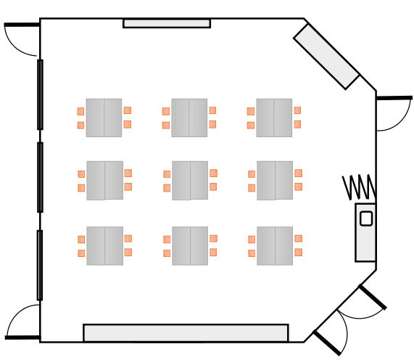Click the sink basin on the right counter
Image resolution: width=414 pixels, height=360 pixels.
[x=366, y=218]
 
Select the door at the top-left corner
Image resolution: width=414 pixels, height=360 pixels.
[x=21, y=39]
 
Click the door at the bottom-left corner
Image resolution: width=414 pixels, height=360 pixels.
[x=22, y=322]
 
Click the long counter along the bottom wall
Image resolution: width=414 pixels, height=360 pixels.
[x=186, y=333]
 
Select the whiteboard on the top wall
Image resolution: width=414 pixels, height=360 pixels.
[x=167, y=23]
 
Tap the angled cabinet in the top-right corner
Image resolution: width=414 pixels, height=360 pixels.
[x=327, y=56]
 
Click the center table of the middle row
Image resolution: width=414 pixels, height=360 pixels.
[x=190, y=180]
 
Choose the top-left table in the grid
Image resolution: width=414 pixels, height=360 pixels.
[x=104, y=118]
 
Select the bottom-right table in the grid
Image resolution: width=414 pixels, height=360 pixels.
[x=275, y=245]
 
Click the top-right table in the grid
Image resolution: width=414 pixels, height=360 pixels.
[x=274, y=118]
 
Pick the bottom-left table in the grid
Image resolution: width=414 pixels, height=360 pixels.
[x=104, y=245]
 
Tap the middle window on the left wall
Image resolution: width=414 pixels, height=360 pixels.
[x=40, y=177]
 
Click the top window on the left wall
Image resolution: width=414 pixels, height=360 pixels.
[x=40, y=94]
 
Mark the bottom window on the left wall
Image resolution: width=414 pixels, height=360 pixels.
[x=40, y=265]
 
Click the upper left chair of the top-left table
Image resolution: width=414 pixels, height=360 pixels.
[x=80, y=111]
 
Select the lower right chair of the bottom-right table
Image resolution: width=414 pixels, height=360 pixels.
[x=298, y=252]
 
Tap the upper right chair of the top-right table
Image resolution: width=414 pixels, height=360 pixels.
[x=297, y=110]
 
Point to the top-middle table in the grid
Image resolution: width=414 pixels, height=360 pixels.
[x=189, y=118]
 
